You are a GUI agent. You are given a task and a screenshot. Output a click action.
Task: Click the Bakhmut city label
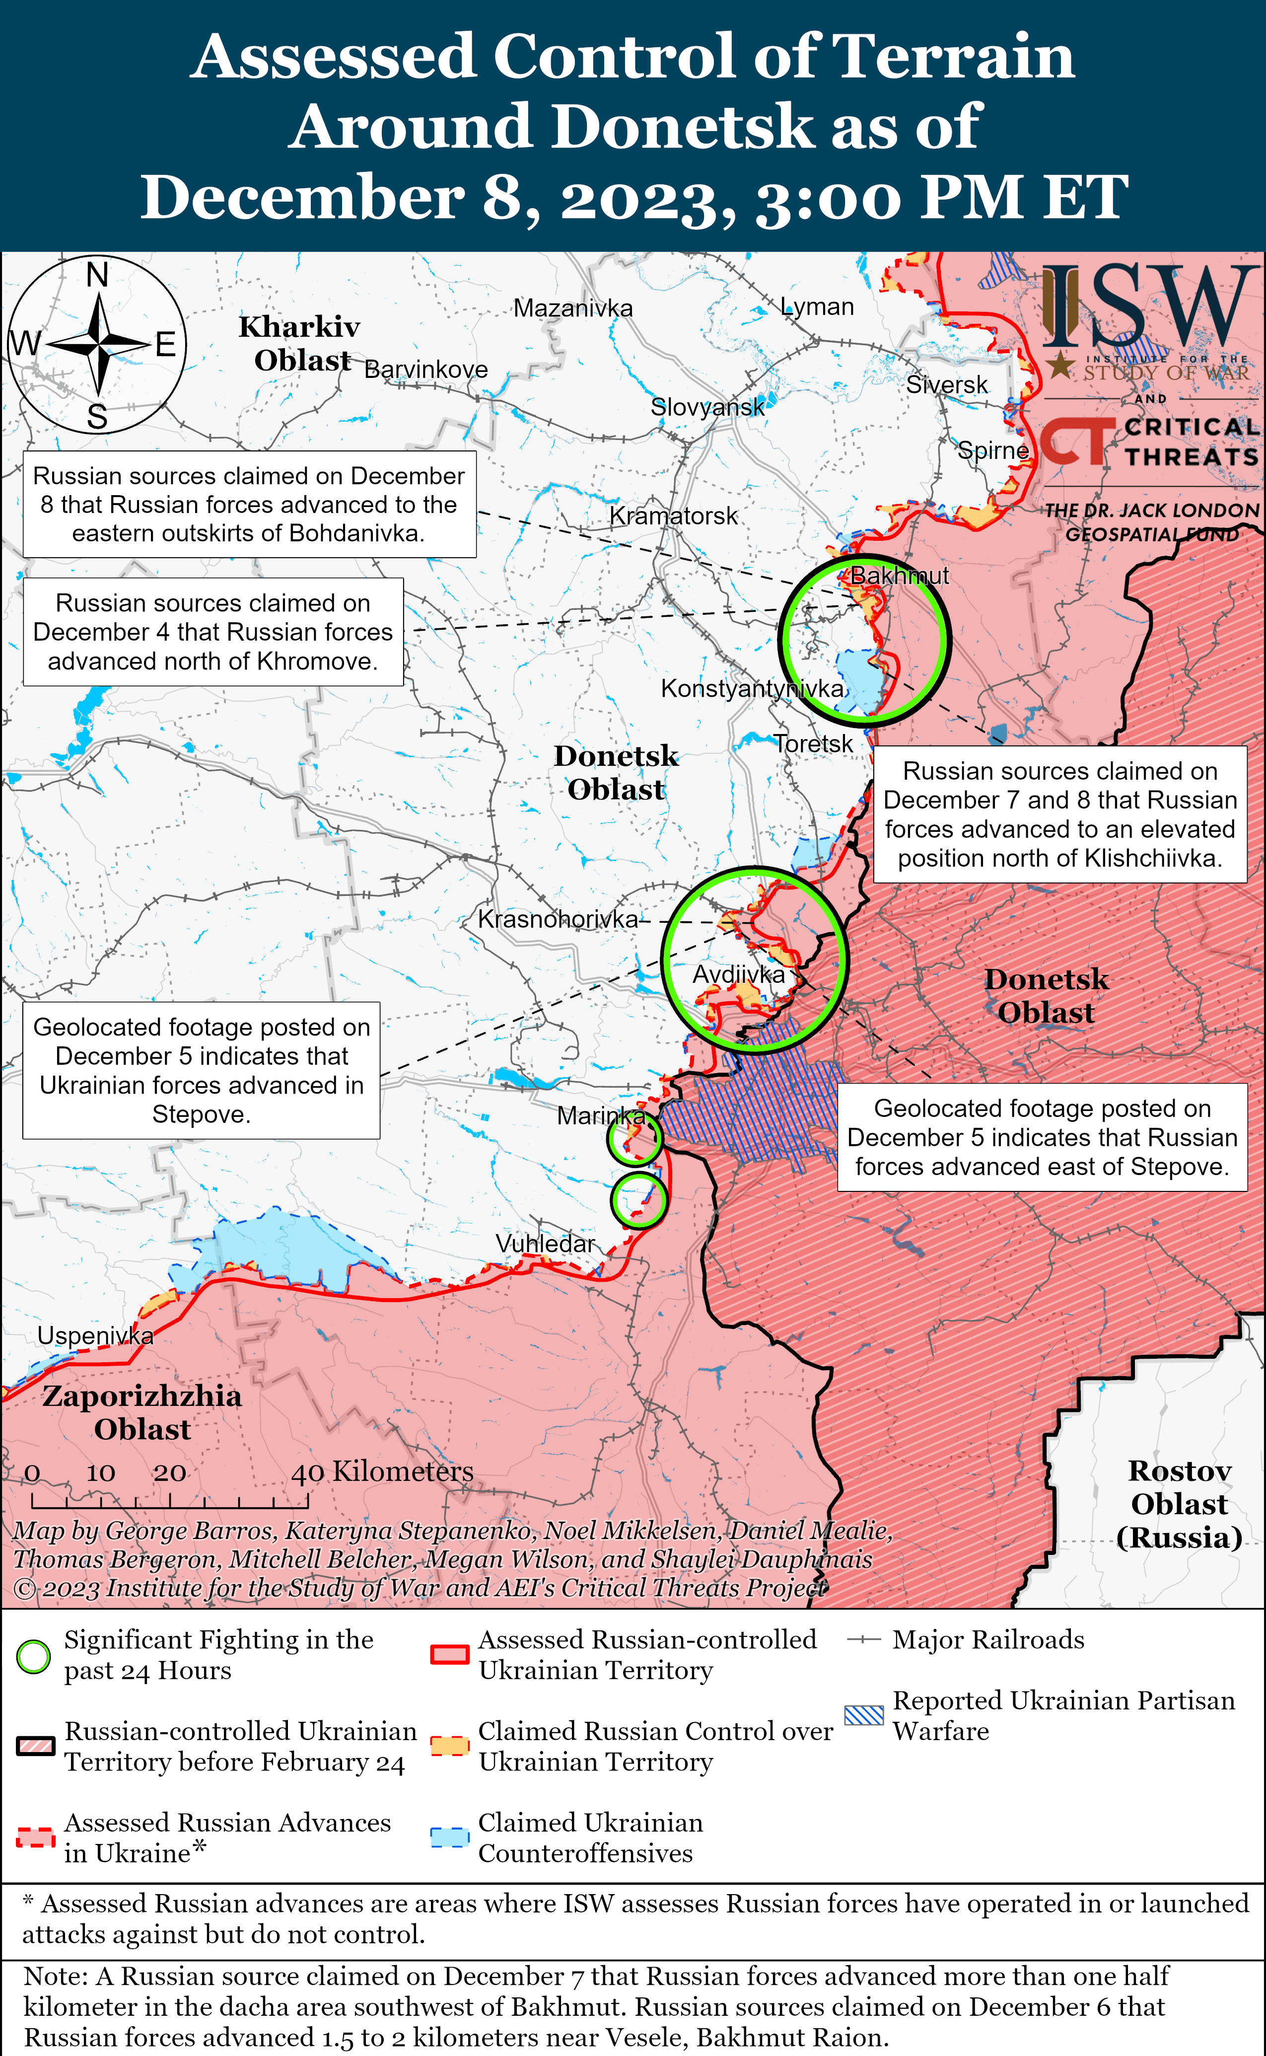[899, 576]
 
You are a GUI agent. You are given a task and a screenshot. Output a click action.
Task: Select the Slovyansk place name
[707, 407]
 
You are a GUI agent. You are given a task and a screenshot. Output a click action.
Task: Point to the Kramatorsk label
[673, 516]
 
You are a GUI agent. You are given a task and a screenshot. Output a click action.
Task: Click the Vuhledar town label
[545, 1244]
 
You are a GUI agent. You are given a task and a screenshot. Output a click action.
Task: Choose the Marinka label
[600, 1115]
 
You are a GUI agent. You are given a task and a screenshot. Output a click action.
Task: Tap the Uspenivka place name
[95, 1336]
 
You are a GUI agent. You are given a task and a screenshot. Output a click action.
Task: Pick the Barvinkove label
[426, 369]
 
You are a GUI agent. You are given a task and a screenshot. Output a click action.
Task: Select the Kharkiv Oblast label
[300, 343]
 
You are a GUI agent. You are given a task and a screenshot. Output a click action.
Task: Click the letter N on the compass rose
[98, 274]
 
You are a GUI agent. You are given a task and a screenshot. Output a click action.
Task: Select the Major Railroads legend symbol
[864, 1640]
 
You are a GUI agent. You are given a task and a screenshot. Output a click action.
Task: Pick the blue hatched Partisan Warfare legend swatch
[864, 1715]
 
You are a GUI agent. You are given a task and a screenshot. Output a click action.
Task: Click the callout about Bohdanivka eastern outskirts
[249, 504]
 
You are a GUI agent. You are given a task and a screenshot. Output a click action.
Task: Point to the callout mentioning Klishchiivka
[1060, 814]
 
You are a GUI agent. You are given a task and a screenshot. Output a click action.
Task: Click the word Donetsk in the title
[682, 127]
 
